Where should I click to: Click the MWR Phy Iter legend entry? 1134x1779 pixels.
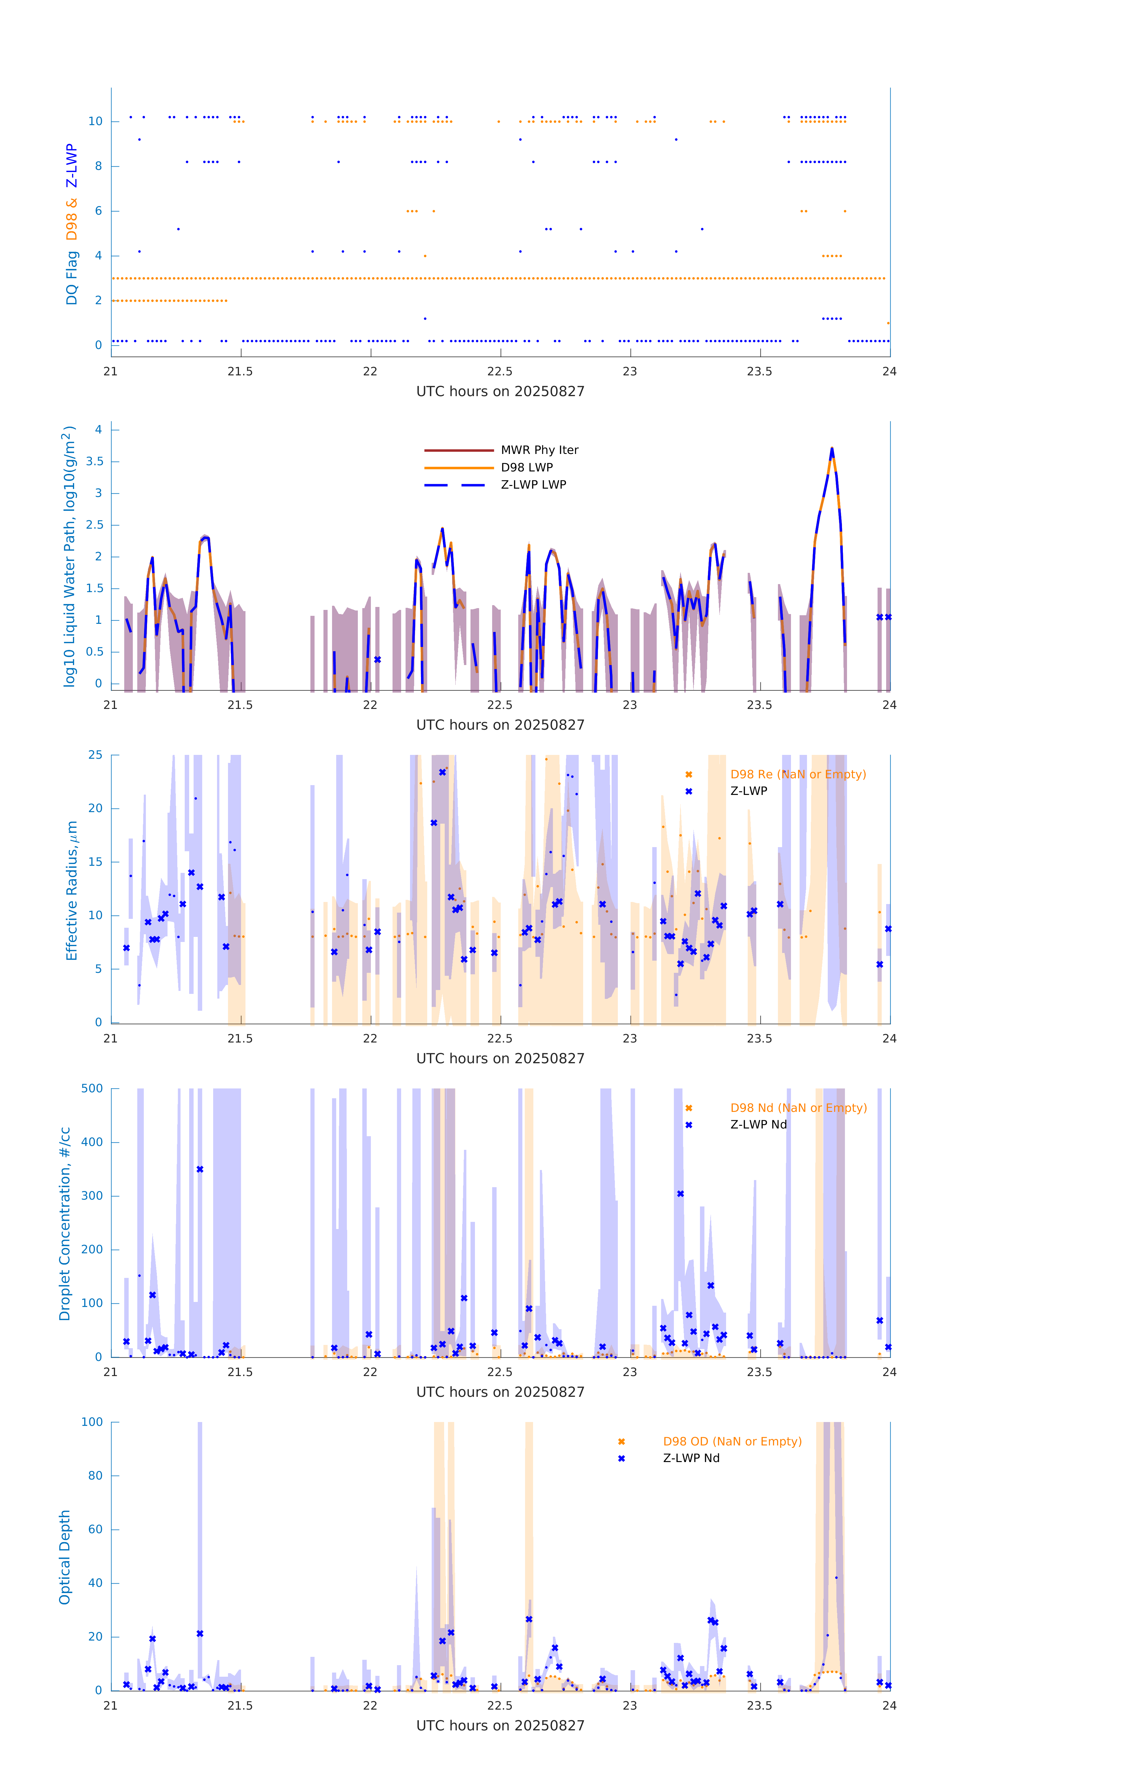539,450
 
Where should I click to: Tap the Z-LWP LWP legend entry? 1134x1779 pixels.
533,485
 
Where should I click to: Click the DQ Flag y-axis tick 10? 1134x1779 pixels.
95,121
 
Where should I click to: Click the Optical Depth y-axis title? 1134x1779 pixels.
65,1557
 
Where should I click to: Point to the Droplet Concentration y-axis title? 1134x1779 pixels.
65,1223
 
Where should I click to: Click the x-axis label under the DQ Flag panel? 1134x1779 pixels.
500,392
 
